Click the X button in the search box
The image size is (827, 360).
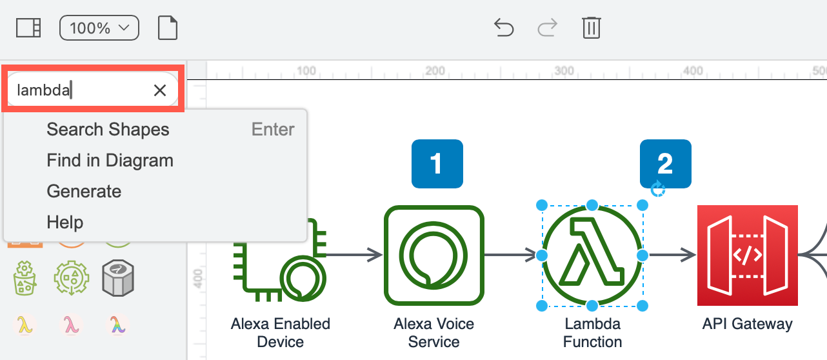pos(160,90)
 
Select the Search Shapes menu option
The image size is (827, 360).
pos(108,130)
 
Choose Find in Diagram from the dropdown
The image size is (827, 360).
pos(110,161)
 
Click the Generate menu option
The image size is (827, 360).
pos(84,192)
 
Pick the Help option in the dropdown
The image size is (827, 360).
pos(65,223)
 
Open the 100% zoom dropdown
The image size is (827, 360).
pos(99,28)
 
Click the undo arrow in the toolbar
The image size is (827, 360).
pos(503,28)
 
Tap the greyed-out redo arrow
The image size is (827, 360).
pos(547,28)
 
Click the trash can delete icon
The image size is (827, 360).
pos(592,28)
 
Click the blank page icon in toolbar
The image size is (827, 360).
pos(168,28)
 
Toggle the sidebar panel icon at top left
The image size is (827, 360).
pos(28,28)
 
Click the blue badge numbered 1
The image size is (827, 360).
pos(437,164)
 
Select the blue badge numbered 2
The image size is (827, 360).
pos(665,164)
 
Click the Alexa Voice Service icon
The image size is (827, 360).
pos(434,255)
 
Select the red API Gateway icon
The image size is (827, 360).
pos(747,255)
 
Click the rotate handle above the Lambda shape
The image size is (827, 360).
pos(657,189)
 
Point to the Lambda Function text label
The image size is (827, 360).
pos(592,332)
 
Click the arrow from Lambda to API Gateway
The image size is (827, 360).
pos(671,255)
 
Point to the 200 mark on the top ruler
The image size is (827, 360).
pos(435,70)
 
